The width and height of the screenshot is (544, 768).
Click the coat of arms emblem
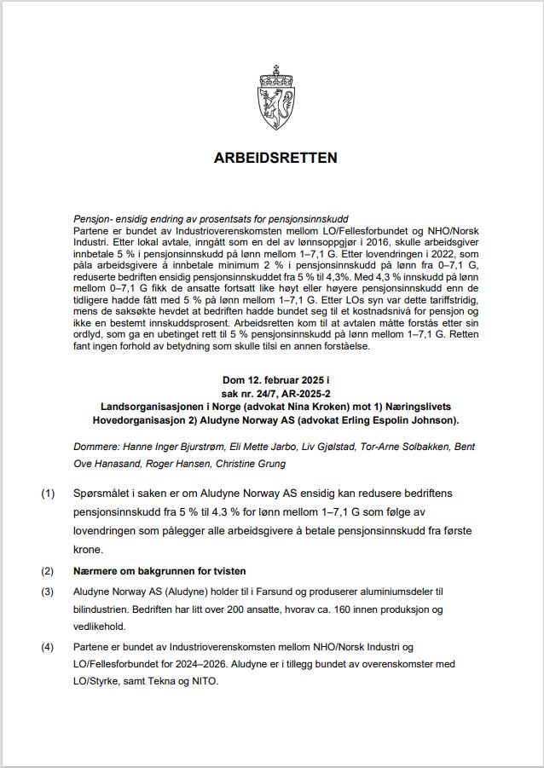[275, 100]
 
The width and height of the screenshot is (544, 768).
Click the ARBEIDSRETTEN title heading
[275, 159]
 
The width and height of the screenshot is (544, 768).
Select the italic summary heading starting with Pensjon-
[211, 220]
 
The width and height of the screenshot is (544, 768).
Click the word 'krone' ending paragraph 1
[89, 549]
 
